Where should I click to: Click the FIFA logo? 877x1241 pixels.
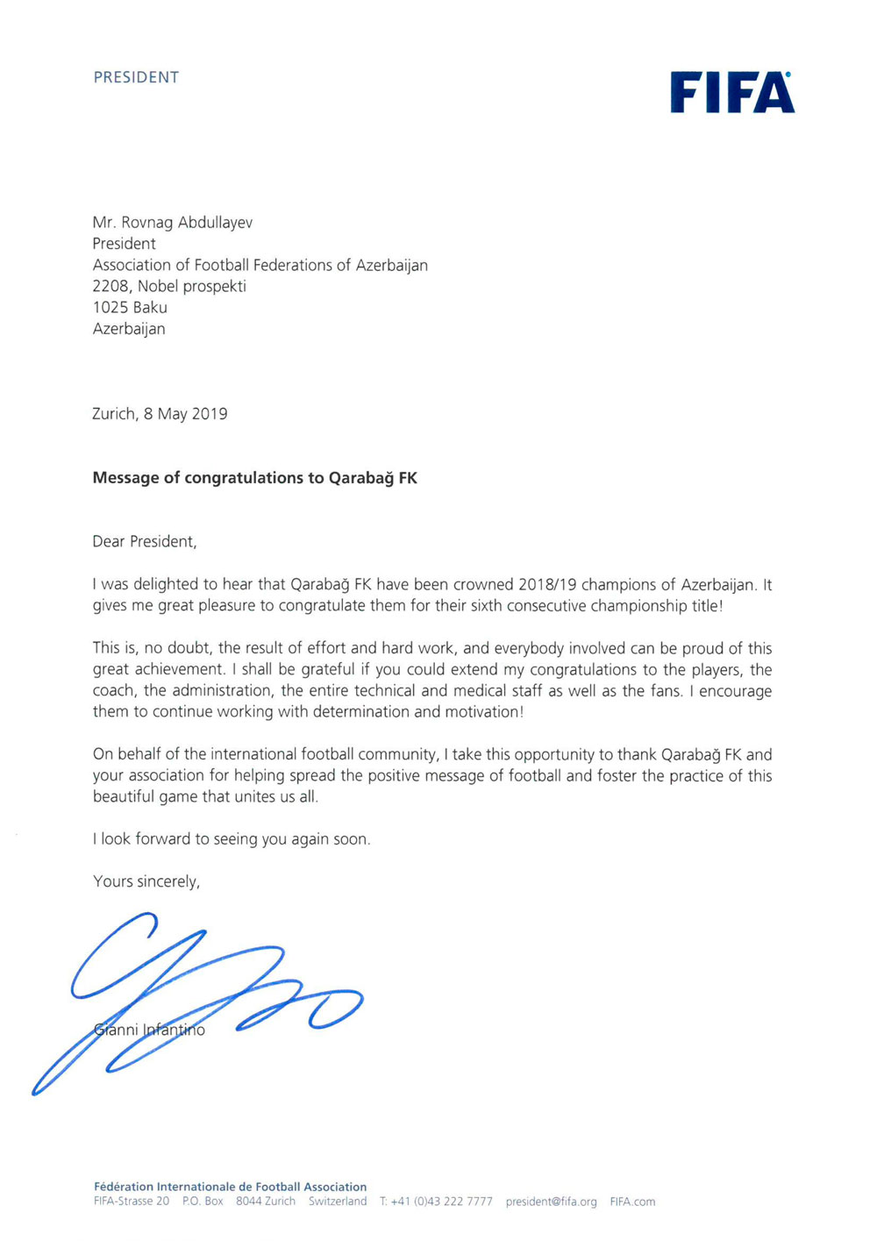[732, 93]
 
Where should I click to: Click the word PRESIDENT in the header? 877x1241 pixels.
[136, 77]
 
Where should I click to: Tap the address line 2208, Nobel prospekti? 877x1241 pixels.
[169, 287]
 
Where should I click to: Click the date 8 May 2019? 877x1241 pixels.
[186, 414]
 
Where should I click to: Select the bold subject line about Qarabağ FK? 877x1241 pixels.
[254, 478]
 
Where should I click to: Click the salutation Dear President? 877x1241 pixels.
[145, 542]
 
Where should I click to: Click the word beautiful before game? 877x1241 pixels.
[123, 797]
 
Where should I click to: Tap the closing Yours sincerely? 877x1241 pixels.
[146, 881]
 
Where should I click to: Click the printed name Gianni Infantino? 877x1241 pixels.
[149, 1030]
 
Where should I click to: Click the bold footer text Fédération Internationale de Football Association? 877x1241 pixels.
[230, 1187]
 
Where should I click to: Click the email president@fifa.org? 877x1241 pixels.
[551, 1202]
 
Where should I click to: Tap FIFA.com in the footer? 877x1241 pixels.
[632, 1202]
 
